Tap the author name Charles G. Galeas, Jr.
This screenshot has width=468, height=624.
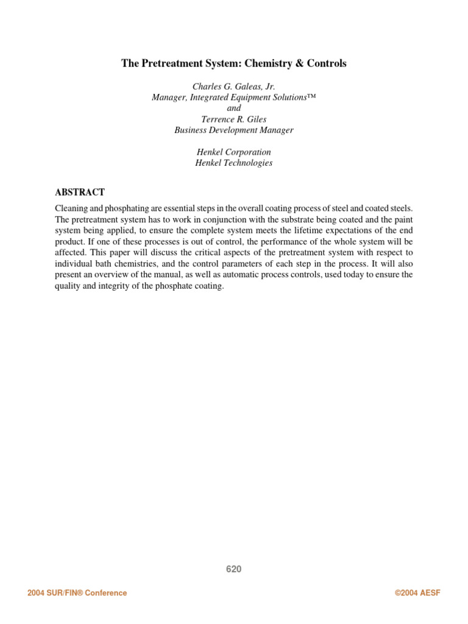(x=233, y=86)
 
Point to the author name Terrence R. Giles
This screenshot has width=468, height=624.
(x=233, y=119)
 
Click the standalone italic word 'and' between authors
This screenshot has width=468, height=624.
(x=233, y=108)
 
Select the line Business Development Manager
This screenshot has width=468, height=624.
(x=233, y=130)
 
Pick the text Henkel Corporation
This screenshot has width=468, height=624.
(x=233, y=152)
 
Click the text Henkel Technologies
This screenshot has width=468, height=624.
(x=233, y=163)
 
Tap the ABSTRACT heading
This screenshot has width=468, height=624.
(x=80, y=192)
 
